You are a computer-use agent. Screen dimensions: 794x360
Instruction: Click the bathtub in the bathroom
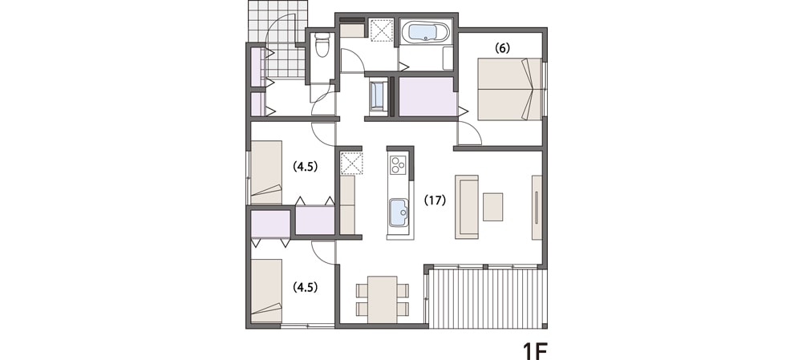(425, 32)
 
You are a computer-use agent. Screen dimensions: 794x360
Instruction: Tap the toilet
(322, 45)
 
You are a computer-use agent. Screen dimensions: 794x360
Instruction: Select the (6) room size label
(502, 48)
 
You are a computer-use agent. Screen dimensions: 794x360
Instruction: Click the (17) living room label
(435, 200)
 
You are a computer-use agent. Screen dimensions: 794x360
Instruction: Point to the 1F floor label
(535, 350)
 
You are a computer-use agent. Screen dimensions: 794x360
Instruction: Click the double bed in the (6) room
(509, 89)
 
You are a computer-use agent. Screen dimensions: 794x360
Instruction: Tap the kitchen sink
(398, 213)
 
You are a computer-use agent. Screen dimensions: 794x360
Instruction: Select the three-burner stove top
(398, 164)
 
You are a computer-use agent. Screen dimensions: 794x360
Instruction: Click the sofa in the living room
(466, 207)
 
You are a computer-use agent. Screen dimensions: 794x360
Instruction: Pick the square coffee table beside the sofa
(492, 207)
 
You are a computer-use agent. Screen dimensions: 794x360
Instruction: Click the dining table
(383, 299)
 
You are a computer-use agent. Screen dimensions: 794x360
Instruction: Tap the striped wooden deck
(488, 299)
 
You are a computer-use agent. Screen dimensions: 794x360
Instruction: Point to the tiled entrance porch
(278, 39)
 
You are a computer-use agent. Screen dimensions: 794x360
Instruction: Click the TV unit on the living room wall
(537, 207)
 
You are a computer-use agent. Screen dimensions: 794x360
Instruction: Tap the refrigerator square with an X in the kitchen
(351, 163)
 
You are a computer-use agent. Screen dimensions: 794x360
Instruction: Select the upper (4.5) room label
(305, 167)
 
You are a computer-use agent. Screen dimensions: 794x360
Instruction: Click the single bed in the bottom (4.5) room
(266, 290)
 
